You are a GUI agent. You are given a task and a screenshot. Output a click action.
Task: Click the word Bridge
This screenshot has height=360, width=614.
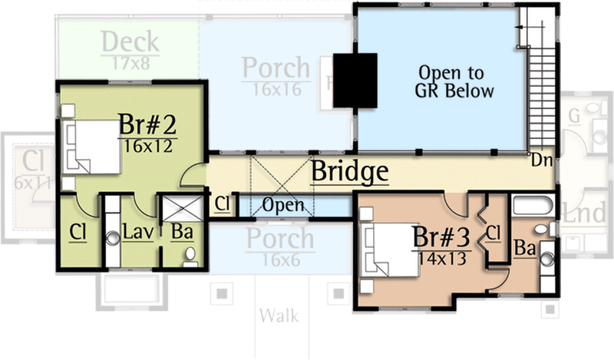tap(348, 172)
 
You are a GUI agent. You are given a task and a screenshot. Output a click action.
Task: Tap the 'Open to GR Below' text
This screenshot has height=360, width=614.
tap(451, 81)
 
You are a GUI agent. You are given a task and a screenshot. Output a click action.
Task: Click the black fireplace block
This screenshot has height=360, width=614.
tap(354, 81)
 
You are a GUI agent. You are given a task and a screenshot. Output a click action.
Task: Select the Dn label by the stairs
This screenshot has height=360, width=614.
tap(540, 161)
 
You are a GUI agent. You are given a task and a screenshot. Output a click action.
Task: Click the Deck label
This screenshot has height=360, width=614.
tap(130, 41)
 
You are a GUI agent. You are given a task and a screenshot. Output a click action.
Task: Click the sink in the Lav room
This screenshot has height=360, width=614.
tap(113, 238)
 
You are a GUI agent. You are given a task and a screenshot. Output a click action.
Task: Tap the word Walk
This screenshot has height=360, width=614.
tap(279, 315)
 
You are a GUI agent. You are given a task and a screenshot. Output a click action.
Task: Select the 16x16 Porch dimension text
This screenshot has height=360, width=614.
tap(276, 90)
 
